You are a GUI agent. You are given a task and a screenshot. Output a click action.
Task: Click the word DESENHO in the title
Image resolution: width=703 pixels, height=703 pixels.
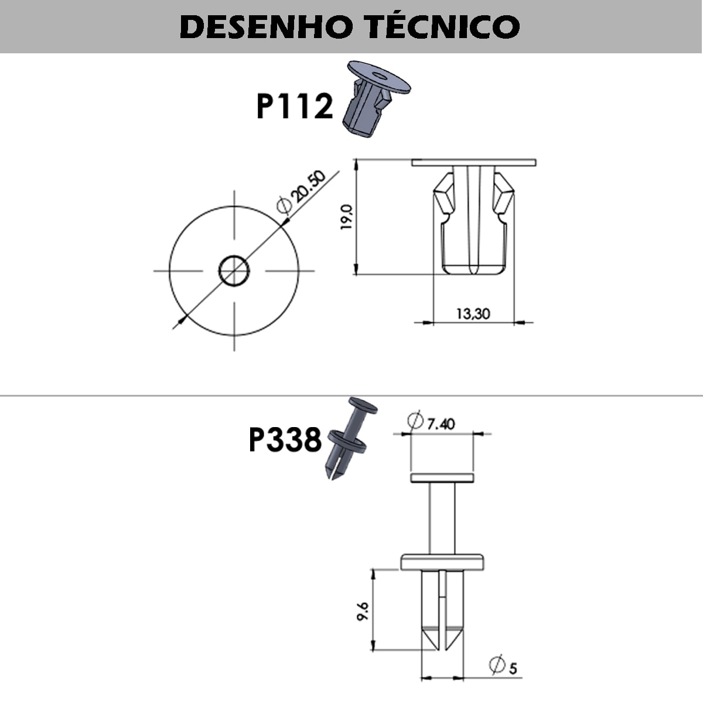pyautogui.click(x=258, y=27)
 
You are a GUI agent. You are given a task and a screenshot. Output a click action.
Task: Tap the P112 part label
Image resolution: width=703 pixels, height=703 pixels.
pyautogui.click(x=295, y=107)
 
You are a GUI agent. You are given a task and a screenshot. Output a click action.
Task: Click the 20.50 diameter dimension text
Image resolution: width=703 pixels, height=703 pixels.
pyautogui.click(x=309, y=186)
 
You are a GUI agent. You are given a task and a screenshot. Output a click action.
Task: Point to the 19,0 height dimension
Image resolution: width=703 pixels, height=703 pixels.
pyautogui.click(x=346, y=217)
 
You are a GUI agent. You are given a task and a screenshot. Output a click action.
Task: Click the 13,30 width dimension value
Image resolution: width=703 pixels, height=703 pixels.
pyautogui.click(x=473, y=313)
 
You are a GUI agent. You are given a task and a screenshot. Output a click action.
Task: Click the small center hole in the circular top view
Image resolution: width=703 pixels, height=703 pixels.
pyautogui.click(x=234, y=271)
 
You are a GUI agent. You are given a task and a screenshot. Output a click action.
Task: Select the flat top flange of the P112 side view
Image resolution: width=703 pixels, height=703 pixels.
pyautogui.click(x=473, y=162)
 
